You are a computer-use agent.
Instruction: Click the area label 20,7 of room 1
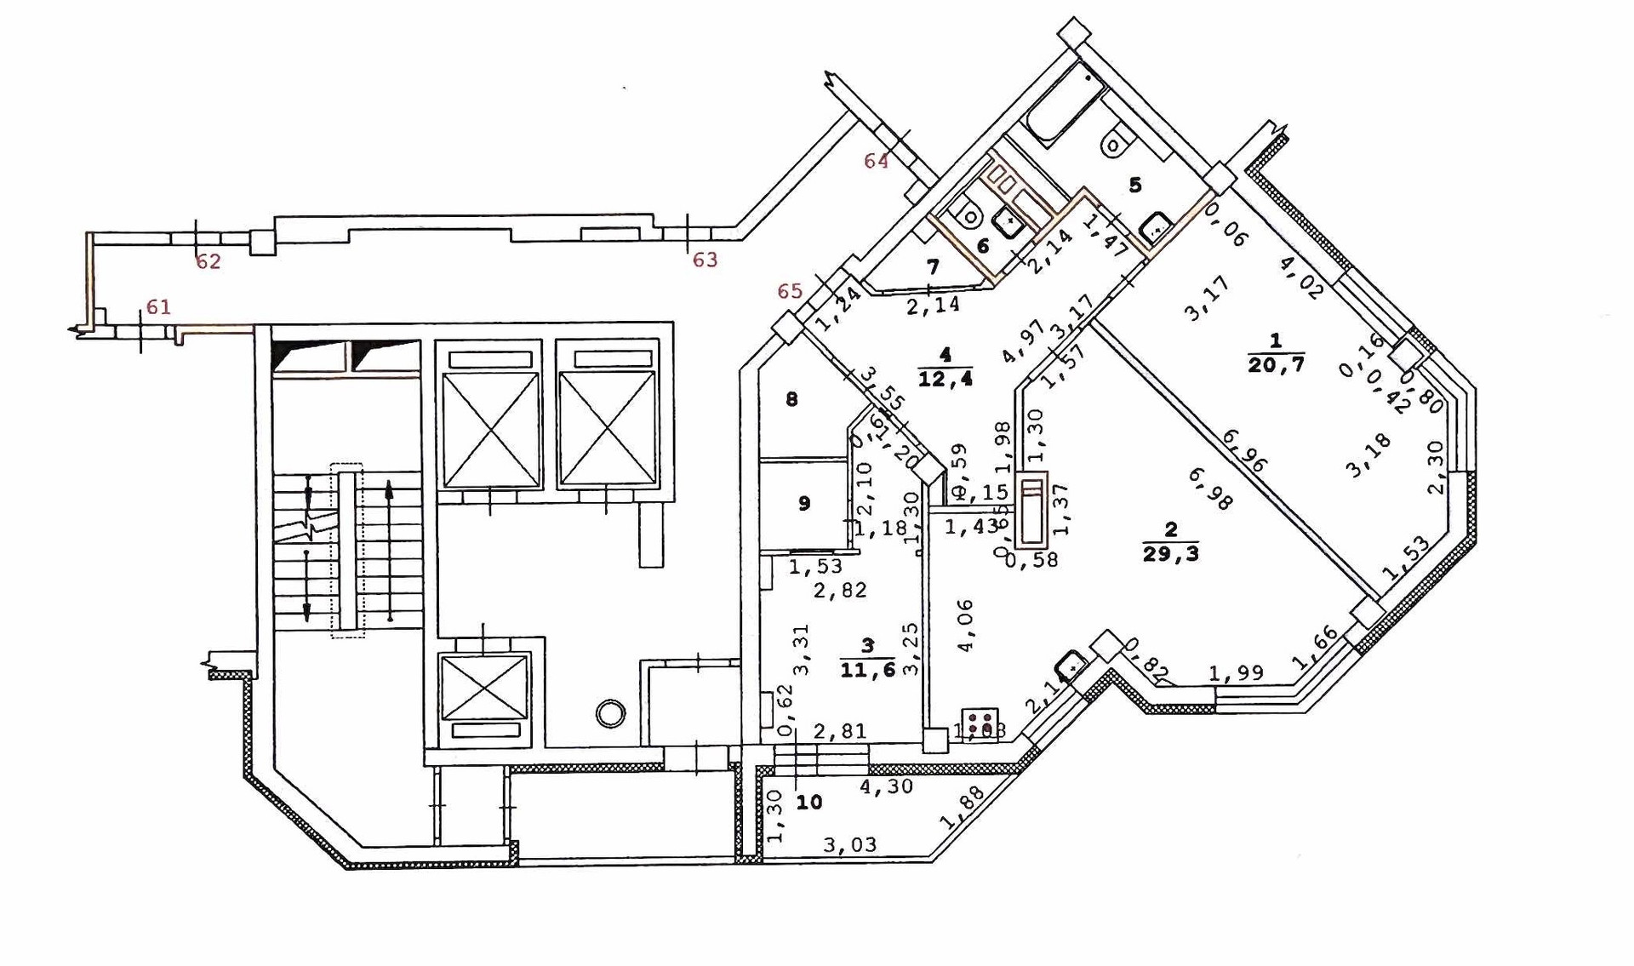click(1276, 365)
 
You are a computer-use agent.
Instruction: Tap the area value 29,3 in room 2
click(1171, 554)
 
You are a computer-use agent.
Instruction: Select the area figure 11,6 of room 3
click(867, 670)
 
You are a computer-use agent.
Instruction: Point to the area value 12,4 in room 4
click(945, 379)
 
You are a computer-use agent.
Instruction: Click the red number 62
click(209, 262)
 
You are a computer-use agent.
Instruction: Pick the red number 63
click(705, 260)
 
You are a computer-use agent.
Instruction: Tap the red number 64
click(876, 161)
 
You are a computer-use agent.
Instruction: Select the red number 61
click(158, 307)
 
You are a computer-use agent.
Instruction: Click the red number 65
click(790, 291)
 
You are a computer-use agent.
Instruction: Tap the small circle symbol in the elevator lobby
click(610, 713)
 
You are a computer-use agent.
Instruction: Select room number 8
click(791, 399)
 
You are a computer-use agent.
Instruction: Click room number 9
click(804, 503)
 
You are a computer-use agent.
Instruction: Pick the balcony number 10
click(809, 802)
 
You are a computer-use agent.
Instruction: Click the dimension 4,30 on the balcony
click(886, 787)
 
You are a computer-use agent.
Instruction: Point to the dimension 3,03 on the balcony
click(849, 845)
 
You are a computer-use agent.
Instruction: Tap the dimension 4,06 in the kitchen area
click(965, 626)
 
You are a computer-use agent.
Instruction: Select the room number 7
click(933, 267)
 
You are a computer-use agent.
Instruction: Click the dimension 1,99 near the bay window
click(1236, 674)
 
